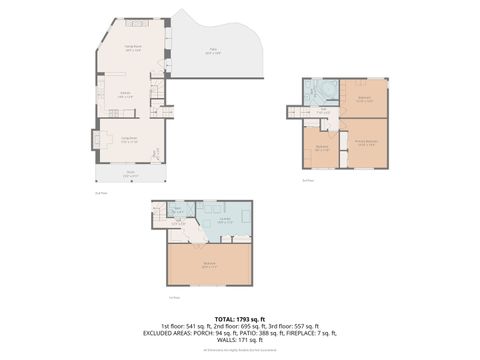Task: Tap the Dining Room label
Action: pyautogui.click(x=131, y=49)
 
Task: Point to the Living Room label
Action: pyautogui.click(x=129, y=141)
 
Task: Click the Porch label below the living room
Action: pyautogui.click(x=130, y=175)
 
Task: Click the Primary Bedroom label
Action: pyautogui.click(x=367, y=143)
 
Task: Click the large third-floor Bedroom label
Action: pyautogui.click(x=210, y=266)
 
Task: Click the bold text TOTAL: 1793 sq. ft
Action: pyautogui.click(x=240, y=318)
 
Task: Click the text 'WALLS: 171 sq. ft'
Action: pyautogui.click(x=240, y=341)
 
